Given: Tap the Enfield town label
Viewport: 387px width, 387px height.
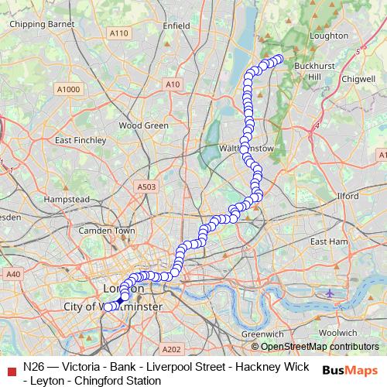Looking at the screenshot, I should click(176, 26).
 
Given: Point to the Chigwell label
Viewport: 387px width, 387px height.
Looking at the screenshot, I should click(358, 79).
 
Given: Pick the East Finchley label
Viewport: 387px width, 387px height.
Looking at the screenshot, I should click(80, 140).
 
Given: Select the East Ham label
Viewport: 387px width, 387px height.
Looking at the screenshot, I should click(329, 241).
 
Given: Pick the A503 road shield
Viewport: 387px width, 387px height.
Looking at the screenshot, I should click(146, 187).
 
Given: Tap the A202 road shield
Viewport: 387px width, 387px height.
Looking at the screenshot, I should click(171, 349).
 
